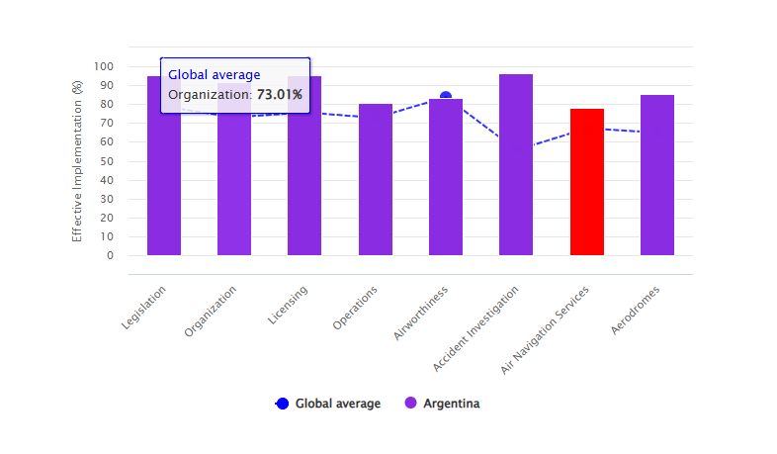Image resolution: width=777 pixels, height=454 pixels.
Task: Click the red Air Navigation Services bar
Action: tap(586, 182)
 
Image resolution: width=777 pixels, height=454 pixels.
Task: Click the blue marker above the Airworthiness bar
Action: tap(446, 97)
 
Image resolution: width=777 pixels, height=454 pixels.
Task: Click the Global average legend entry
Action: tap(329, 404)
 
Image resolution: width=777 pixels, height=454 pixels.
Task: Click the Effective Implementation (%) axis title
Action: tap(77, 161)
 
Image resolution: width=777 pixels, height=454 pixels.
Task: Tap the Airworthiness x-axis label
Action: tap(421, 314)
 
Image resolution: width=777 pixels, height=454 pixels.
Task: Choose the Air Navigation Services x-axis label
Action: tap(545, 330)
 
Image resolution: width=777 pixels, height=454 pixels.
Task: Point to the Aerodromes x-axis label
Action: tap(635, 310)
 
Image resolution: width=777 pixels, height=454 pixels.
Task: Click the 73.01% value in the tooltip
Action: tap(280, 95)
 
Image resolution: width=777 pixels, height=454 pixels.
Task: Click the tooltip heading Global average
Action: tap(215, 74)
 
